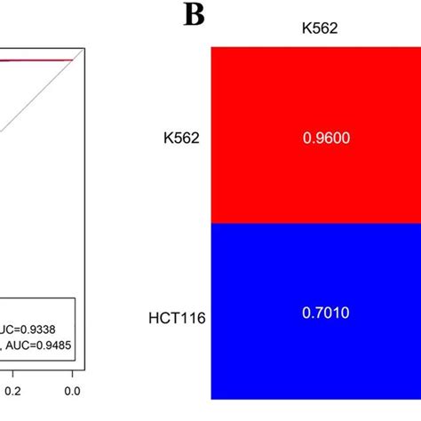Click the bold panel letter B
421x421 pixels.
pos(195,15)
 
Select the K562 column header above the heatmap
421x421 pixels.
pos(315,28)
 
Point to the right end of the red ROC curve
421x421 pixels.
pos(71,60)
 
